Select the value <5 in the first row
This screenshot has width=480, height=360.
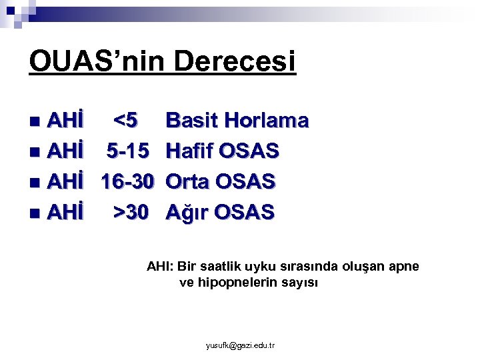click(x=126, y=121)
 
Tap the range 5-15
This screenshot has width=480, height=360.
click(x=128, y=151)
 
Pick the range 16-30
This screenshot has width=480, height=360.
click(x=128, y=181)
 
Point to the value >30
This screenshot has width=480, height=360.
click(x=131, y=212)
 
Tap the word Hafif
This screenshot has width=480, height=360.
click(x=189, y=151)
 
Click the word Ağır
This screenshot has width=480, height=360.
click(x=188, y=212)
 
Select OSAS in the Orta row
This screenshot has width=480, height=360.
click(x=247, y=181)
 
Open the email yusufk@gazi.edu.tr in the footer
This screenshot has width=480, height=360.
click(x=241, y=345)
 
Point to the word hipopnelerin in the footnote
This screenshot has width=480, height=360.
click(x=235, y=283)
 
